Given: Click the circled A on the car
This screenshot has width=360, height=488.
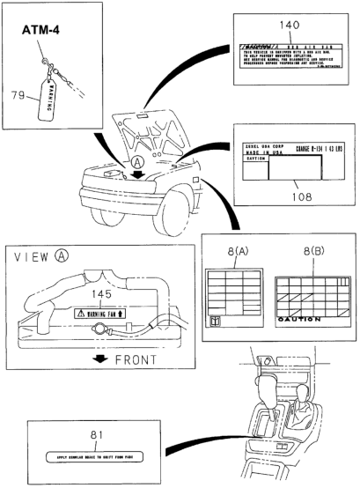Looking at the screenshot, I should [137, 162].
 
